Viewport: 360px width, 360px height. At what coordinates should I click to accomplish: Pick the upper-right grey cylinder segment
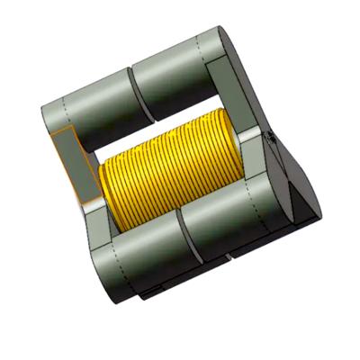pos(180,76)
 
